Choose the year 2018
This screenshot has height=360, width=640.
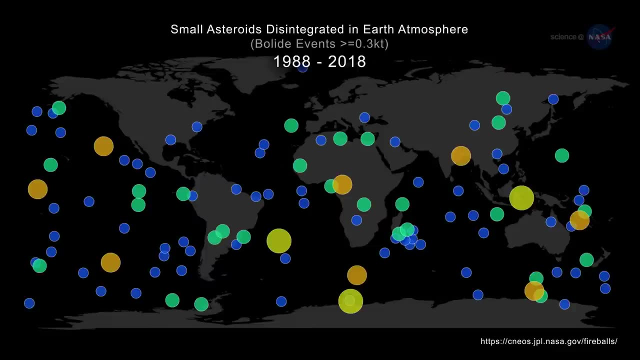[x=347, y=61]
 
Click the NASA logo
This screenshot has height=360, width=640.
[x=600, y=37]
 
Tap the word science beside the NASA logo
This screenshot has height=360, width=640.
[x=563, y=37]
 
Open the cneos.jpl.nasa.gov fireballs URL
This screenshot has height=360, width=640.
[x=549, y=341]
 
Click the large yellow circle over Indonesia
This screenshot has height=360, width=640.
[x=521, y=197]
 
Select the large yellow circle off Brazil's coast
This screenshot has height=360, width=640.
[x=279, y=240]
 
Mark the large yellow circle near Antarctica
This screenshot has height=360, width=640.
[x=350, y=301]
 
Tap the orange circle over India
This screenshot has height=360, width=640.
[x=461, y=155]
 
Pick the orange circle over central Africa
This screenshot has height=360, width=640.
[x=342, y=184]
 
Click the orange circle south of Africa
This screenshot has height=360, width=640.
[x=357, y=275]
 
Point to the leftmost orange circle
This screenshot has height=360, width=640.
[x=37, y=189]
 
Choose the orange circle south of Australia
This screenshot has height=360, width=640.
[x=534, y=290]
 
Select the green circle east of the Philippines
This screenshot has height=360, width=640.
[x=562, y=155]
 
